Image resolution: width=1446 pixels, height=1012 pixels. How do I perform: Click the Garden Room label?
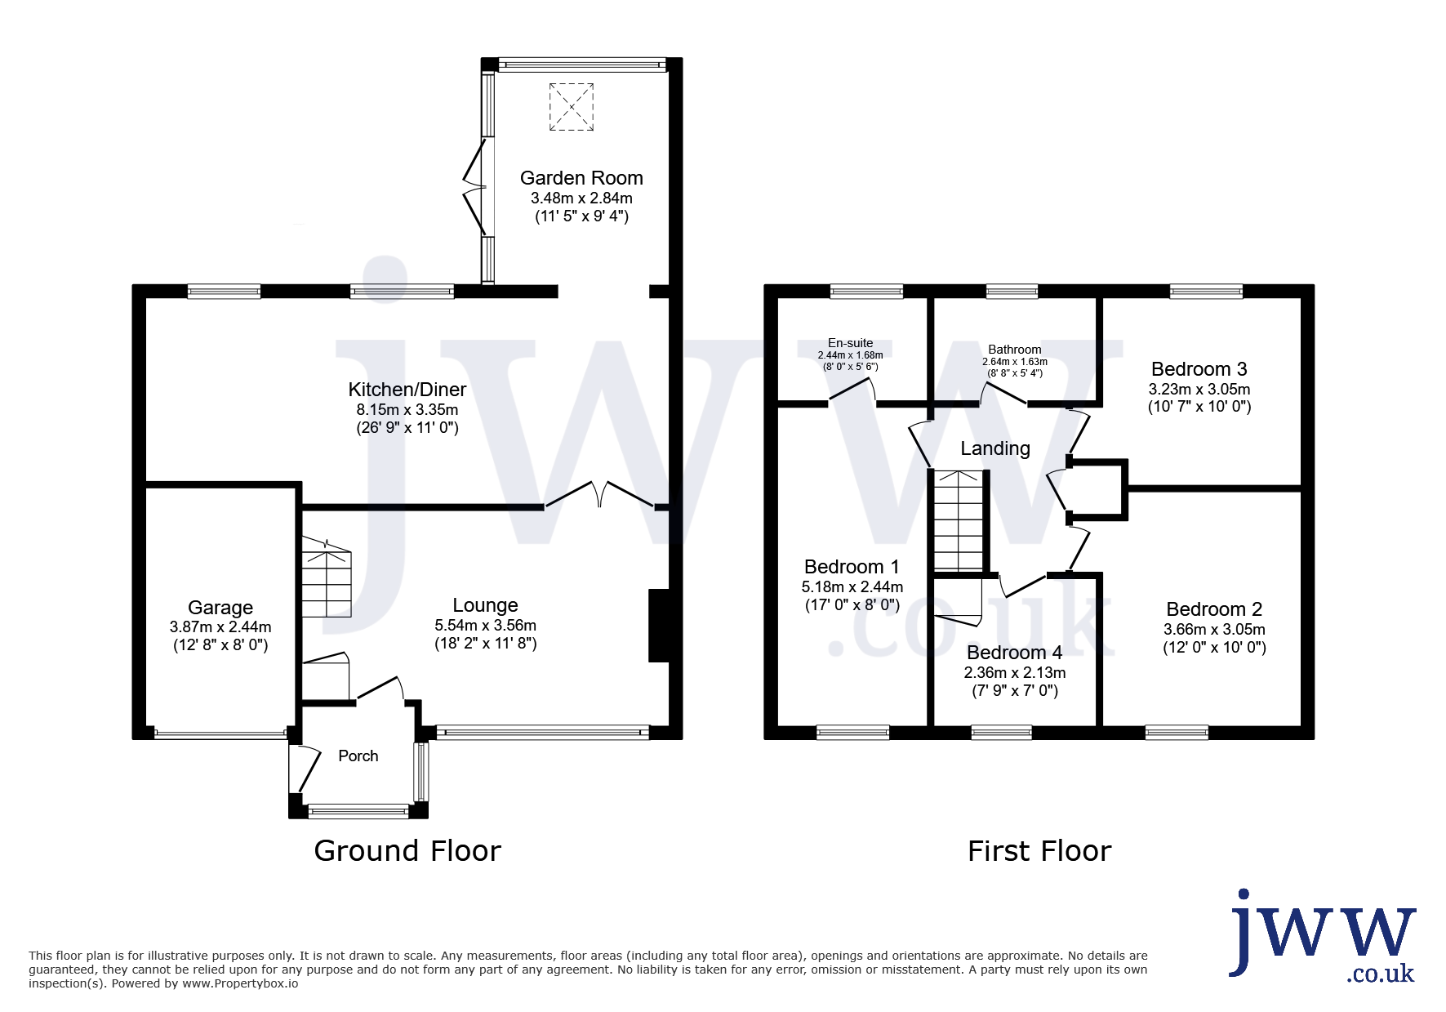click(x=581, y=178)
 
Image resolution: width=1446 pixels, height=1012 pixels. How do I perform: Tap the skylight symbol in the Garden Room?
click(x=572, y=107)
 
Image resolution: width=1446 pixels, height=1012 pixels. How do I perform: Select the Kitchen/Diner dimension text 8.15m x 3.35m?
click(x=407, y=410)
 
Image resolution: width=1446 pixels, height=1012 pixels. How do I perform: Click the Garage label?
click(x=220, y=608)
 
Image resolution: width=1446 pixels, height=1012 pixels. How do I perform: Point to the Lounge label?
click(x=486, y=605)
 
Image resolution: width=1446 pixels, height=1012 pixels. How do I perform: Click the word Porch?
click(x=358, y=756)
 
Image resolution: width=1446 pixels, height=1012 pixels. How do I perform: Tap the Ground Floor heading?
click(x=407, y=851)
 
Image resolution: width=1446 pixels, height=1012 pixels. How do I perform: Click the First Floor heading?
click(x=1039, y=851)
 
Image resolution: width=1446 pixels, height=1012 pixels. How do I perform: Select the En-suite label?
click(x=851, y=343)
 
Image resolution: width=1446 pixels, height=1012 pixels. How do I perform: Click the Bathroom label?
click(x=1015, y=350)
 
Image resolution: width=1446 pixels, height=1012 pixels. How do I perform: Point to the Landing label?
click(x=995, y=448)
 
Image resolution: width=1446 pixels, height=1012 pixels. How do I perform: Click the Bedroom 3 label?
click(x=1199, y=369)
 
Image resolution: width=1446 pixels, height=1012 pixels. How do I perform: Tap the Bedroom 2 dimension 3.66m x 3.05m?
click(x=1215, y=630)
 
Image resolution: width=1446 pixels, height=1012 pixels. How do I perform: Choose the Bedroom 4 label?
click(x=1015, y=653)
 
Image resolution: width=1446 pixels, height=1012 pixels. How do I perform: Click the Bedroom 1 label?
click(x=852, y=567)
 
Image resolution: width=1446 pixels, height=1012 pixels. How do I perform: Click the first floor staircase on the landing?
click(x=959, y=520)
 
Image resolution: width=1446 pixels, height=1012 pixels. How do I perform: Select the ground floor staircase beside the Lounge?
click(x=327, y=577)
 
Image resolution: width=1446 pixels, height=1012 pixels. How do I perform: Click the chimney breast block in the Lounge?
click(x=659, y=626)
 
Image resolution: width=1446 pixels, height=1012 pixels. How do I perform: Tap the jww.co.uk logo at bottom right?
click(x=1323, y=936)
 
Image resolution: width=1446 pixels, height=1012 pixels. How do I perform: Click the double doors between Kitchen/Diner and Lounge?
click(x=599, y=495)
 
